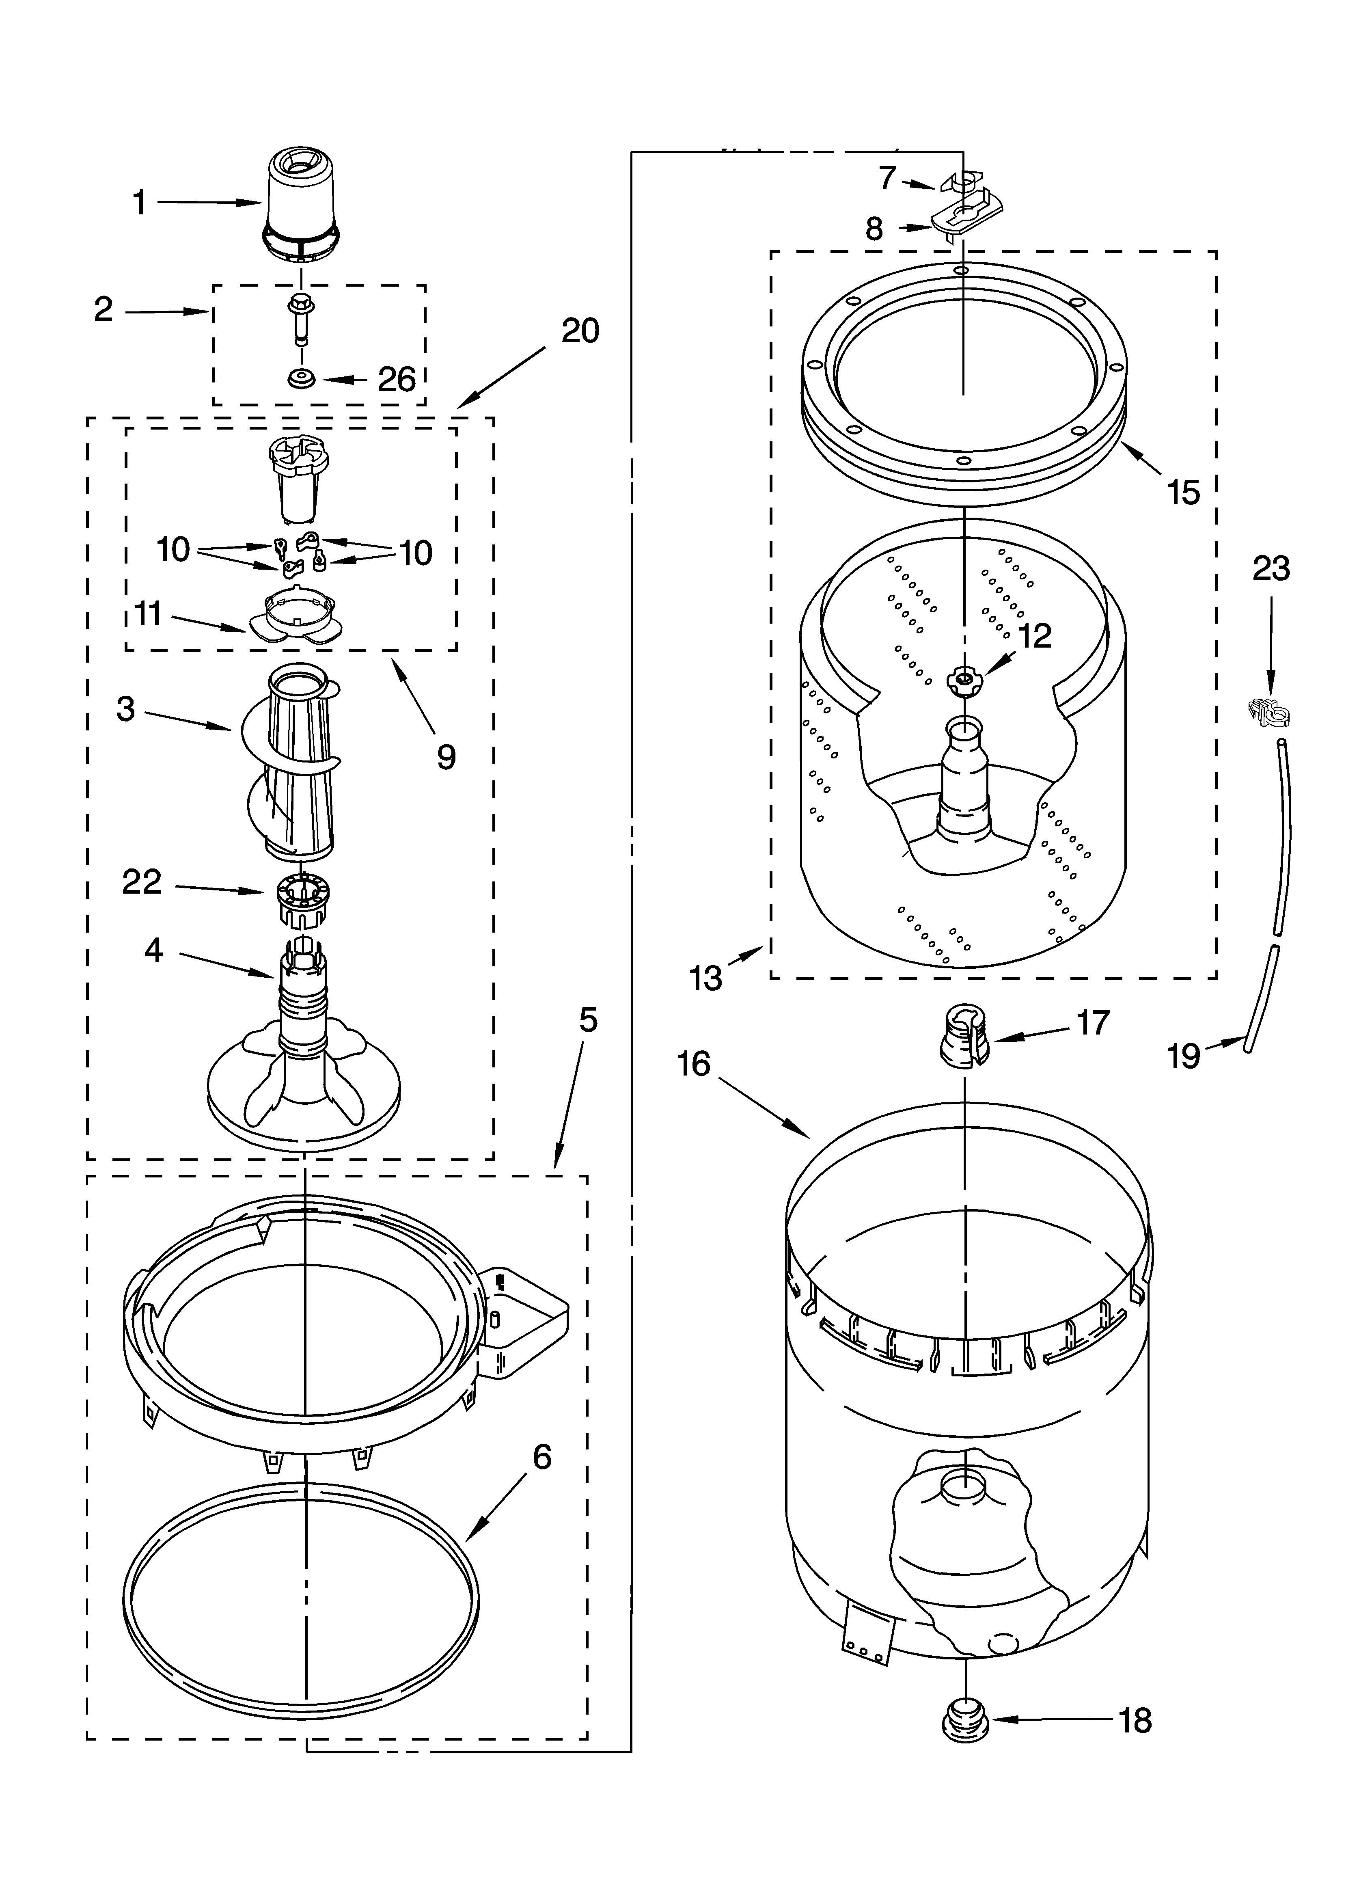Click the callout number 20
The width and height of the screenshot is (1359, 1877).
[x=580, y=331]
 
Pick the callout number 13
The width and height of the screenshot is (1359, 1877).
[x=706, y=978]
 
